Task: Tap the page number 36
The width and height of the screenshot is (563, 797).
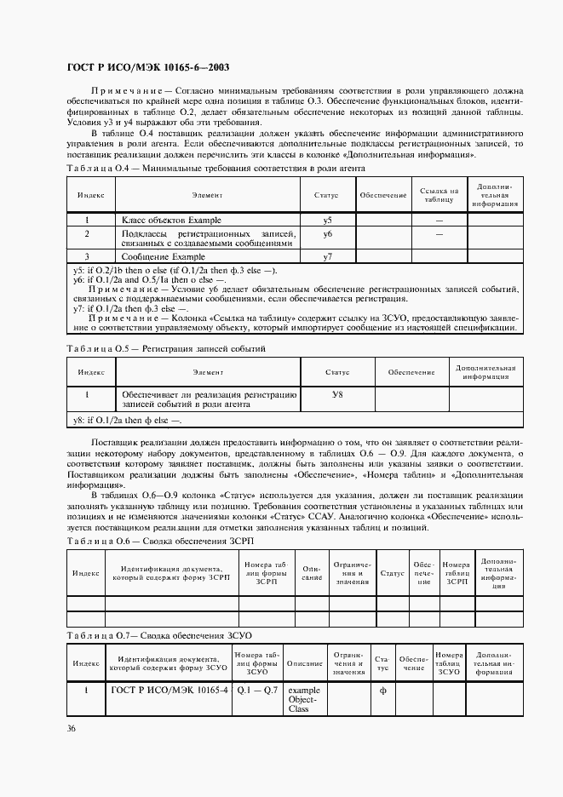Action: pyautogui.click(x=71, y=728)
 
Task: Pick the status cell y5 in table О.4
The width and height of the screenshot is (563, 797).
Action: pyautogui.click(x=327, y=221)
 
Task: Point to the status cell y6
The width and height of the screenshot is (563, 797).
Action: pyautogui.click(x=327, y=234)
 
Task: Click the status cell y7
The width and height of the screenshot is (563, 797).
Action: pyautogui.click(x=327, y=256)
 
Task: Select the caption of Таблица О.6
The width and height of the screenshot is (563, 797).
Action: pyautogui.click(x=160, y=542)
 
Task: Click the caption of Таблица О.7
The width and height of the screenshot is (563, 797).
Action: pyautogui.click(x=160, y=636)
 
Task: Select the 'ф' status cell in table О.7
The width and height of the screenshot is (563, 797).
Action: pyautogui.click(x=382, y=691)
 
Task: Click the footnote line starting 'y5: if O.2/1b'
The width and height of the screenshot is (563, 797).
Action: pyautogui.click(x=175, y=271)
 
